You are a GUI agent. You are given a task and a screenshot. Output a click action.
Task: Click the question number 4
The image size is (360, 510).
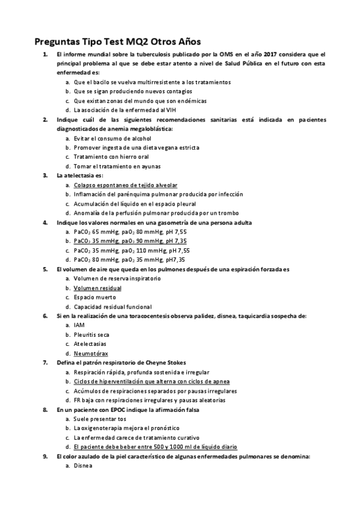45,223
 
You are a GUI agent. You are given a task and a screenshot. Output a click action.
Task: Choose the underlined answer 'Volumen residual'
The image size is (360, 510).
97,288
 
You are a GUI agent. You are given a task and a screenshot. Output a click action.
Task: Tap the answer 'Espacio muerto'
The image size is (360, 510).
95,297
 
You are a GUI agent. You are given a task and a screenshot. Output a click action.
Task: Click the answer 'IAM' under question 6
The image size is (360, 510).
79,325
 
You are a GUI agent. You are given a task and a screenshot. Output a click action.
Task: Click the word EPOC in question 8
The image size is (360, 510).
119,410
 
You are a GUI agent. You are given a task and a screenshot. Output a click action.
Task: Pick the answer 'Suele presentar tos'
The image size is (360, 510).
100,419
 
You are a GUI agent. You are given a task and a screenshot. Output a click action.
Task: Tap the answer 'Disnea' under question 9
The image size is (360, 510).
83,465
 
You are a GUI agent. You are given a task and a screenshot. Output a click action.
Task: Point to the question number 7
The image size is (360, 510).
45,363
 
